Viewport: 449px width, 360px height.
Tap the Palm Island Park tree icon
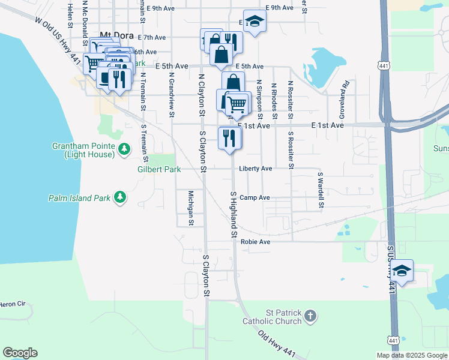click(x=120, y=197)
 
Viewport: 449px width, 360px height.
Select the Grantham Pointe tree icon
click(x=124, y=148)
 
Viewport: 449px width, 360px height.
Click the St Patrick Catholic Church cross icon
click(x=310, y=316)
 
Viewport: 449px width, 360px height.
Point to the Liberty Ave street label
click(x=256, y=169)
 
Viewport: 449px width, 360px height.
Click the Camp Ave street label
click(x=255, y=197)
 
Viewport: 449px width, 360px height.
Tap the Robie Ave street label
click(x=256, y=242)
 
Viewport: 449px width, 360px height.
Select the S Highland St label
click(x=234, y=214)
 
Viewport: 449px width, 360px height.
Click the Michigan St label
click(x=190, y=208)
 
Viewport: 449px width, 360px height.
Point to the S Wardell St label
click(x=321, y=190)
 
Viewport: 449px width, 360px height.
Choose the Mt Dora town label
click(x=116, y=35)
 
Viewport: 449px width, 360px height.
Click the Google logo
click(x=20, y=353)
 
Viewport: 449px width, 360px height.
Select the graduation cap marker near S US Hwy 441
click(x=402, y=271)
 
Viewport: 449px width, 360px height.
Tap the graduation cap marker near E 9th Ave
click(x=255, y=22)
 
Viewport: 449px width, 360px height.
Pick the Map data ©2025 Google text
click(x=411, y=355)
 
